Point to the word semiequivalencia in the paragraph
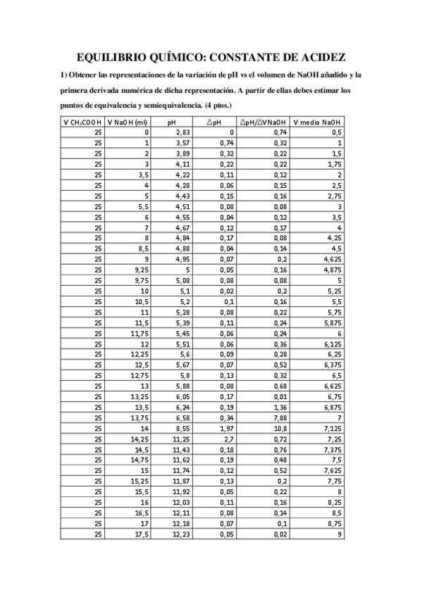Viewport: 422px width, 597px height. click(186, 105)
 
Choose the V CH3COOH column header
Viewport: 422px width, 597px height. click(82, 121)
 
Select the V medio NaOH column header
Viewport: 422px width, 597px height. click(318, 121)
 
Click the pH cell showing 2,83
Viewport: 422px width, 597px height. click(183, 132)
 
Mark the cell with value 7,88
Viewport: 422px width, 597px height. click(280, 417)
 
